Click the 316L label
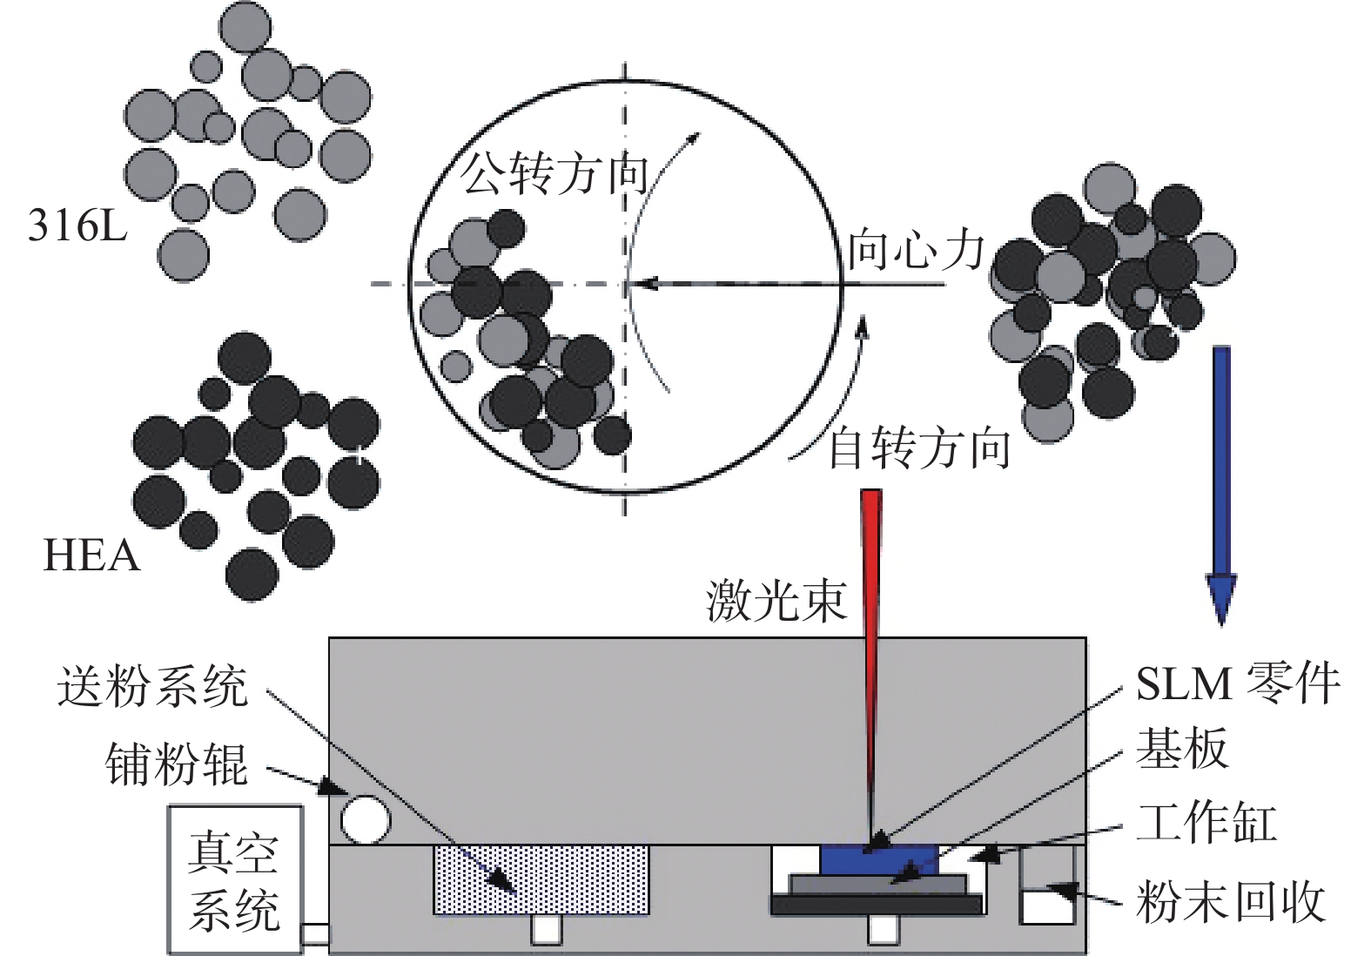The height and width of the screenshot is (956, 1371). coord(77,226)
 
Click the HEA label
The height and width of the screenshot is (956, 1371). coord(91,555)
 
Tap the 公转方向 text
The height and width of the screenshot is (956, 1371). coord(554,172)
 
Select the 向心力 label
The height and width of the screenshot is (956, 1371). coord(916,250)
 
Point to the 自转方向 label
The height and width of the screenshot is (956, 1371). coord(918,448)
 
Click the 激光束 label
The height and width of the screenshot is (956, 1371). coord(776,600)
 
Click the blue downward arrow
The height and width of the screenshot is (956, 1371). coord(1221,479)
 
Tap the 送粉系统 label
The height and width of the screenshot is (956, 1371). coord(153,686)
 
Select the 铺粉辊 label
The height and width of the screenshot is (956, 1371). coord(177,764)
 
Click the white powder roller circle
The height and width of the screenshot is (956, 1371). coord(366,819)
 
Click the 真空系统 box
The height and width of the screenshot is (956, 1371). coord(235,879)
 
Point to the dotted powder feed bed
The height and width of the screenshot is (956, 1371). coord(541,879)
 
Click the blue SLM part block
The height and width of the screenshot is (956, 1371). coord(877,860)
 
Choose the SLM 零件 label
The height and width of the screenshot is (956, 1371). coord(1237,683)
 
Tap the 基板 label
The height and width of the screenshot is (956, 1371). coord(1181,749)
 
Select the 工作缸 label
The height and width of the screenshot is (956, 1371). coord(1206,823)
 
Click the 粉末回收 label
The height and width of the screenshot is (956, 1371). coord(1230,901)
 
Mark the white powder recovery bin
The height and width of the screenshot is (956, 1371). coord(1047,906)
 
